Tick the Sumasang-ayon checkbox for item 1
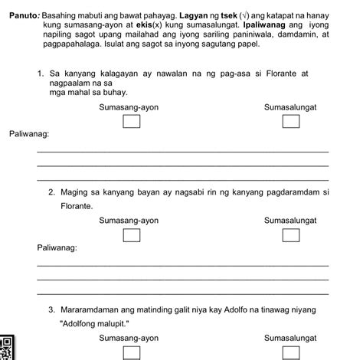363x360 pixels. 132,121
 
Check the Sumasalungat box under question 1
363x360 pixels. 290,121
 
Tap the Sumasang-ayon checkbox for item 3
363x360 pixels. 132,352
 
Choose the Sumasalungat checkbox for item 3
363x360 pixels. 290,352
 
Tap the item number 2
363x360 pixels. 51,192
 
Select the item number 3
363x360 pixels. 51,310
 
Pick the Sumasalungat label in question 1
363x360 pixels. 290,107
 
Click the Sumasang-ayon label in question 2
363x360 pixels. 129,221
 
